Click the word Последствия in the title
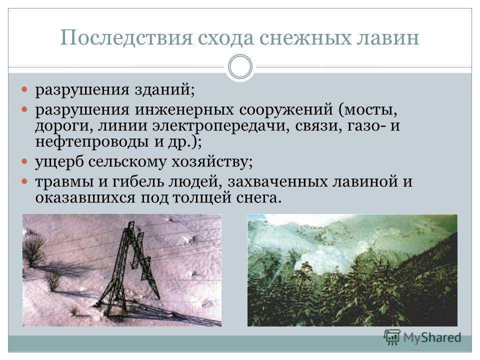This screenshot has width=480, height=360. tap(126, 38)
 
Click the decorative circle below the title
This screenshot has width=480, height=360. tap(240, 66)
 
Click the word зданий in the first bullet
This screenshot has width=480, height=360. tap(164, 89)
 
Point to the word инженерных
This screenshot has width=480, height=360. tap(184, 109)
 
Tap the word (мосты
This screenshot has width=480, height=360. tap(368, 109)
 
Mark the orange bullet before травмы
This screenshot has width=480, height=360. tap(25, 181)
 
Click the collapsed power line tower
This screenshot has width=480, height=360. tap(128, 269)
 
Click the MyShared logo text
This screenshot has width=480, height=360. tap(432, 337)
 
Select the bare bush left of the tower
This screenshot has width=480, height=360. tap(34, 250)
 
